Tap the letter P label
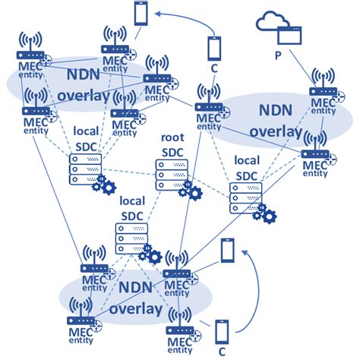tap(279, 55)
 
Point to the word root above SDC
tap(172, 138)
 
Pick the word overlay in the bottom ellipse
tap(135, 309)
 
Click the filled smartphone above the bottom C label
tap(222, 332)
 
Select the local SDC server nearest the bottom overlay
tap(129, 238)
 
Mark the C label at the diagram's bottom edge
tap(223, 352)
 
